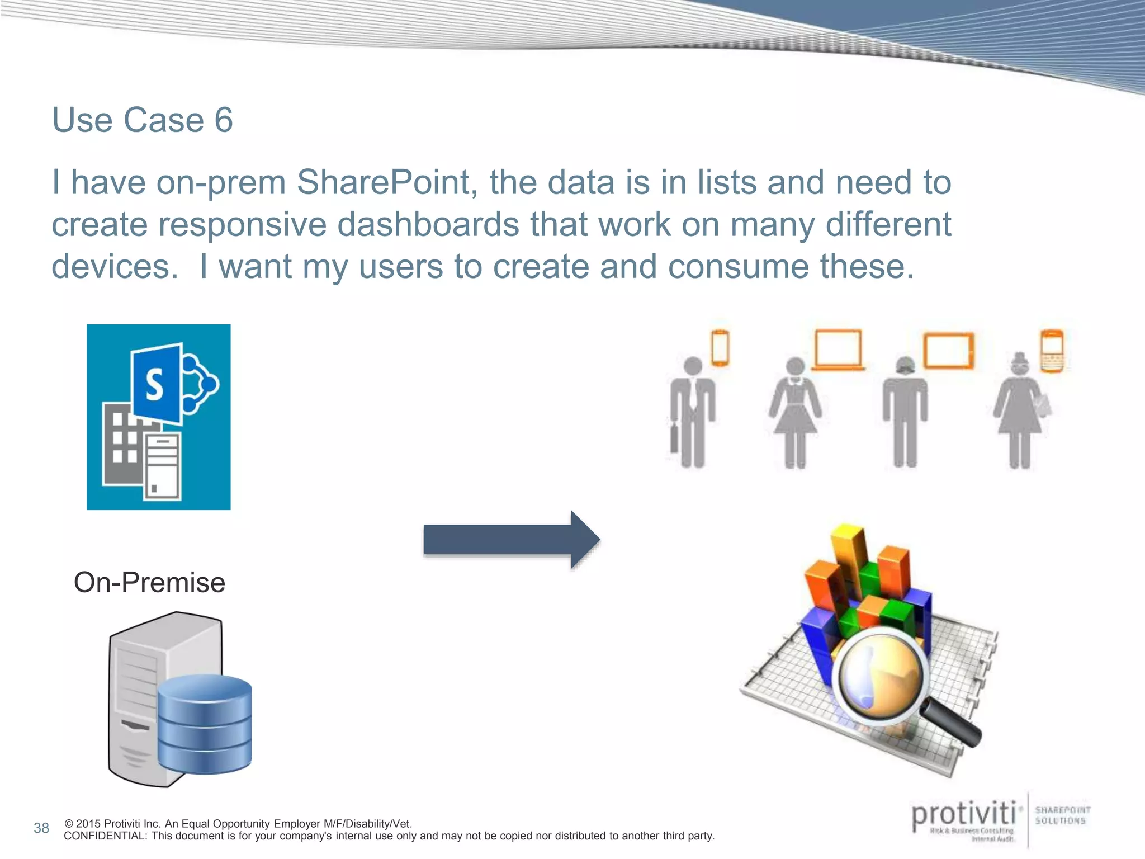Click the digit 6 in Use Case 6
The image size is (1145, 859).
[x=224, y=120]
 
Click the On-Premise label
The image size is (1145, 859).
[x=149, y=583]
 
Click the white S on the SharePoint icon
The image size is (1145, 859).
[x=154, y=385]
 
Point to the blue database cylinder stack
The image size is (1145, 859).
[x=205, y=724]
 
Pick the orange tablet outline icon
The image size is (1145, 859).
[x=948, y=351]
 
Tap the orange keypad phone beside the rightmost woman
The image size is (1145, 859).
[x=1052, y=351]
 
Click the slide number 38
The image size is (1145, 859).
[x=41, y=828]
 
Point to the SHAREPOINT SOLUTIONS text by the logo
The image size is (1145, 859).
[x=1062, y=815]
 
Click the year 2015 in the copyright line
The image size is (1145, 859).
[x=88, y=824]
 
